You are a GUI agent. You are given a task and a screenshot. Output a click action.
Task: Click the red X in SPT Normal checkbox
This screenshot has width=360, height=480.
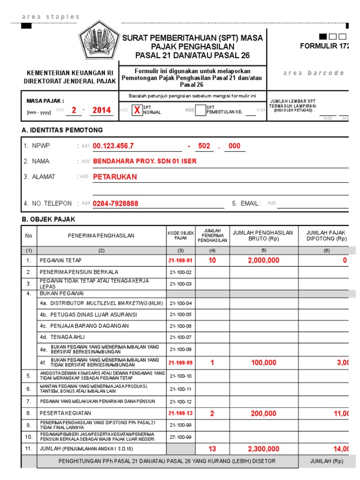coord(136,111)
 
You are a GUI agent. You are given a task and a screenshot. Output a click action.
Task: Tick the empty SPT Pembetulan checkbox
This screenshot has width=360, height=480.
coord(200,110)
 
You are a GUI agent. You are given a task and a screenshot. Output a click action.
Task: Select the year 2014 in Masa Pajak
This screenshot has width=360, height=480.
coord(102,110)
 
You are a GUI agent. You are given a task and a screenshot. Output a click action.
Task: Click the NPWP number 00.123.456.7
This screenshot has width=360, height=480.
coord(113,146)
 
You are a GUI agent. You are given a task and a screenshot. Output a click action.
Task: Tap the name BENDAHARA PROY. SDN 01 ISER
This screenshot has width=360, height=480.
coord(145,161)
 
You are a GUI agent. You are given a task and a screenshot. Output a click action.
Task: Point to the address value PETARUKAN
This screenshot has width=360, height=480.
coord(115,177)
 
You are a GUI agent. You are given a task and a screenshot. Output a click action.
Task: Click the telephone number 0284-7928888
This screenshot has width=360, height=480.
coord(115,204)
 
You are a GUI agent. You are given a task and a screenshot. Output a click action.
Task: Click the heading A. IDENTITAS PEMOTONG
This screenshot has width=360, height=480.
coord(62,130)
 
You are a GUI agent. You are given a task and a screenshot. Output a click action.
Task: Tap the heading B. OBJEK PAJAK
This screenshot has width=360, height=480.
coord(49,219)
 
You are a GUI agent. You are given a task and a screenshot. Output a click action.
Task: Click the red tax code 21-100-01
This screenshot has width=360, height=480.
coord(180,260)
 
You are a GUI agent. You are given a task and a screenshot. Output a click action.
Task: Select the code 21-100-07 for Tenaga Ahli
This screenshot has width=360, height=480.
coord(180,337)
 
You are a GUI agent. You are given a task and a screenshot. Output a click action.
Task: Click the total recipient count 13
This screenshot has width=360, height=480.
coord(212,449)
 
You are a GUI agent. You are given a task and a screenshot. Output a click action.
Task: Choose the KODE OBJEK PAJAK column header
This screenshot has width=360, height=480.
coord(180,235)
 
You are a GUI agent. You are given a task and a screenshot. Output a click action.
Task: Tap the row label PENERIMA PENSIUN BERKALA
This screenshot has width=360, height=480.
coord(79,272)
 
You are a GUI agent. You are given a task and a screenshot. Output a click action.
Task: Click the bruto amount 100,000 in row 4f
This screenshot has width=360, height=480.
coord(264,362)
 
